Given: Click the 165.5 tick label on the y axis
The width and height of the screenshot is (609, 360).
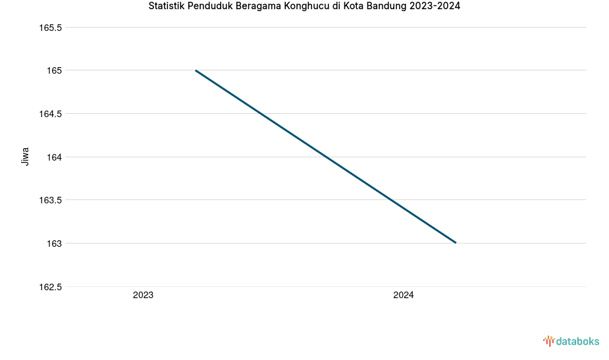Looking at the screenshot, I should (x=51, y=28).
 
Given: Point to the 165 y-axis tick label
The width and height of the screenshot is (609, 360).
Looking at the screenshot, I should (x=54, y=70).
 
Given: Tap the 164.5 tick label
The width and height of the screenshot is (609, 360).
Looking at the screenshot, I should (x=51, y=114).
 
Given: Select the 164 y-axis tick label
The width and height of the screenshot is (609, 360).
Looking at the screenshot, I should (x=54, y=157).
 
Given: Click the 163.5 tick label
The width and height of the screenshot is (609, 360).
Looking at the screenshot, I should (x=51, y=200).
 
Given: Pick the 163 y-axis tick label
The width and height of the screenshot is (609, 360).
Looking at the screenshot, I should (x=54, y=244).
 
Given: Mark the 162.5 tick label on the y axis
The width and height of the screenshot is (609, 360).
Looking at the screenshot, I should (x=51, y=287).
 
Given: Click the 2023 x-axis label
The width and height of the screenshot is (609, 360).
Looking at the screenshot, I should (x=143, y=296).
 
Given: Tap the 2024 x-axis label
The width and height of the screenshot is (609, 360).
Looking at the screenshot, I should (x=404, y=296).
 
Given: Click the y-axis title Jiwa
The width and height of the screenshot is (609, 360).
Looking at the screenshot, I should (x=26, y=157).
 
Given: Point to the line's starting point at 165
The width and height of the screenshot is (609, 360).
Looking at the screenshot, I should (x=196, y=70).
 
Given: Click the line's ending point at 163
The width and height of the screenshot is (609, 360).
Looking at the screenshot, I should (x=456, y=243).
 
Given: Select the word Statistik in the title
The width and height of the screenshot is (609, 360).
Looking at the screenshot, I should (x=168, y=7).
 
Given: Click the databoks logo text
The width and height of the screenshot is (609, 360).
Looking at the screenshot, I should (x=577, y=341).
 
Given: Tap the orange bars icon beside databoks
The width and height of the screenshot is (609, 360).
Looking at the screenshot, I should (x=548, y=341).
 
